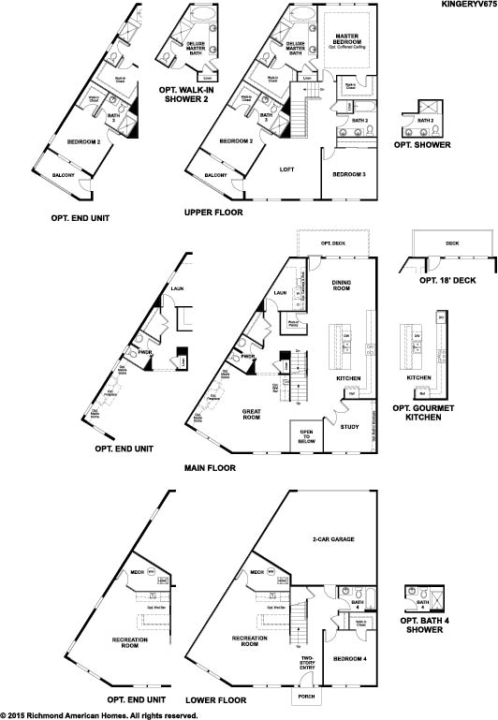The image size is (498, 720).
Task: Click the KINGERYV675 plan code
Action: coord(466,5)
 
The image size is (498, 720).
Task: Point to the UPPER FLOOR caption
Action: coord(213,213)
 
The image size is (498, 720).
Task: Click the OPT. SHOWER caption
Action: coord(422,145)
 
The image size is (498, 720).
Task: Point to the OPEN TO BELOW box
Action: coord(305,437)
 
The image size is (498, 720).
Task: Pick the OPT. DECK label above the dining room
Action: coord(333,243)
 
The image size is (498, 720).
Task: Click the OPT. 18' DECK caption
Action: coord(440,280)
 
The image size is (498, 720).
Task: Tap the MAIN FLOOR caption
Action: coord(210,467)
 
